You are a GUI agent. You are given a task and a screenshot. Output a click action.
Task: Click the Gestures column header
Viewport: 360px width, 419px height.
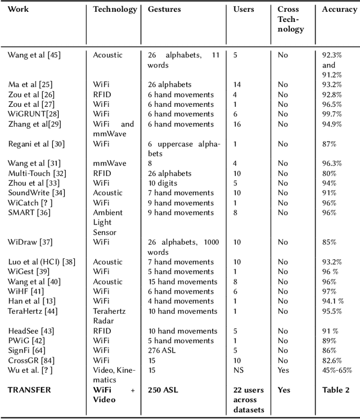coord(164,10)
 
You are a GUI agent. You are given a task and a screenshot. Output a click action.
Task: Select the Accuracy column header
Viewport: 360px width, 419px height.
coord(340,10)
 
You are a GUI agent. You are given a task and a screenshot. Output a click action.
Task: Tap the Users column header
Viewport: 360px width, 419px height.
coord(244,10)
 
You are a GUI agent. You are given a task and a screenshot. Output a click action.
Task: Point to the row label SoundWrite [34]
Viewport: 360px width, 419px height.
coord(34,193)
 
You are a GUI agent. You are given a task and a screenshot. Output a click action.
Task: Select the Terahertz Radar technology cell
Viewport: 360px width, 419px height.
coord(110,316)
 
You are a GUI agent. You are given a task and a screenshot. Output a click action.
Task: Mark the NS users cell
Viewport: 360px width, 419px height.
coord(239,370)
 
